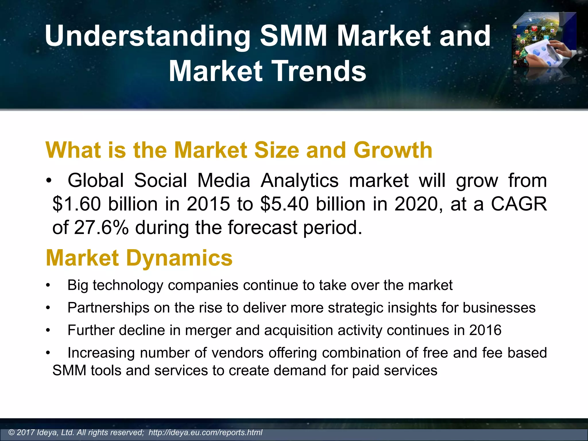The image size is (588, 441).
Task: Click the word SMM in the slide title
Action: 293,36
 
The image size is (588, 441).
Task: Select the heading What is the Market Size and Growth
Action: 239,150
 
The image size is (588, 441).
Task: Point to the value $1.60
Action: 77,204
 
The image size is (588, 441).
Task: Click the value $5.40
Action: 285,204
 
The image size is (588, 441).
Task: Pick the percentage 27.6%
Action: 101,228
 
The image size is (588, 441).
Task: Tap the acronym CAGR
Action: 519,204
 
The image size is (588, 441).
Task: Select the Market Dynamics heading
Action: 139,258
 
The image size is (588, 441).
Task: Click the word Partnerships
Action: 108,308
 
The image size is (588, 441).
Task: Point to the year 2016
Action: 485,330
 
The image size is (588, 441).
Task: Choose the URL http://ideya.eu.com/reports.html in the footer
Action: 206,432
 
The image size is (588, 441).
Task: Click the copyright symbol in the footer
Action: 11,432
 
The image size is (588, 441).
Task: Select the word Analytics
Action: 299,181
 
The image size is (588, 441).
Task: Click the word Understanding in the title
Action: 147,36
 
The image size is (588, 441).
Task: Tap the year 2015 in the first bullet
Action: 208,204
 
